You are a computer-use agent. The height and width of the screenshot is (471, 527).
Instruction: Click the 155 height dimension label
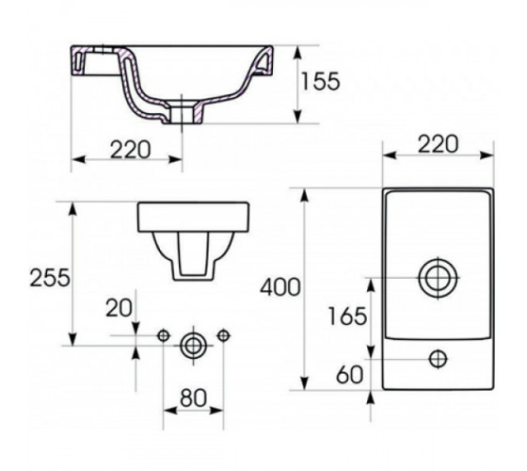pyautogui.click(x=320, y=81)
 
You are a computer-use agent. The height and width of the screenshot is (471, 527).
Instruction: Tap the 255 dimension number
pyautogui.click(x=50, y=278)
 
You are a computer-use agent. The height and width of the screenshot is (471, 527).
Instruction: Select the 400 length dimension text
pyautogui.click(x=280, y=287)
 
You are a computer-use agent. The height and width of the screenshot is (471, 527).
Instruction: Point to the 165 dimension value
pyautogui.click(x=347, y=317)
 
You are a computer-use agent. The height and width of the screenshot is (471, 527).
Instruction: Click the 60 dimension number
pyautogui.click(x=350, y=375)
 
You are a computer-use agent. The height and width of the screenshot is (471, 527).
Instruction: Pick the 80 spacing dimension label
pyautogui.click(x=193, y=398)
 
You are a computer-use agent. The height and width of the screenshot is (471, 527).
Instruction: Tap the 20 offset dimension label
pyautogui.click(x=119, y=307)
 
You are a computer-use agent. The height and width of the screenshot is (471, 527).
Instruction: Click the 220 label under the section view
pyautogui.click(x=131, y=150)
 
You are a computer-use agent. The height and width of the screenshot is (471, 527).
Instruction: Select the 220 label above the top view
pyautogui.click(x=438, y=144)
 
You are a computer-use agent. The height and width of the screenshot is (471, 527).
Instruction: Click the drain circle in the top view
pyautogui.click(x=439, y=278)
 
